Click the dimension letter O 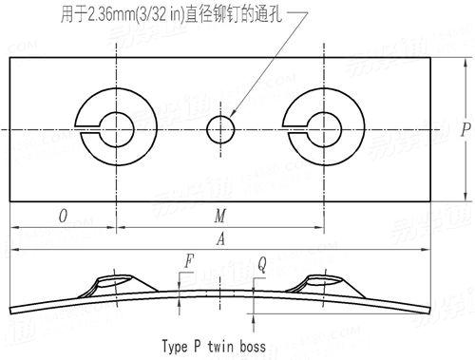[x=63, y=216]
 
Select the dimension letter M [x=221, y=216]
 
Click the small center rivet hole [x=221, y=127]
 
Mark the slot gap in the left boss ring [x=88, y=127]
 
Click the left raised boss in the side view [x=114, y=281]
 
